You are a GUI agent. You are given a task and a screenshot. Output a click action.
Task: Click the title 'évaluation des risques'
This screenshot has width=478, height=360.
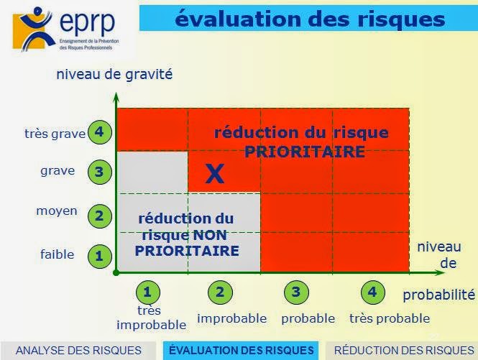(x=310, y=18)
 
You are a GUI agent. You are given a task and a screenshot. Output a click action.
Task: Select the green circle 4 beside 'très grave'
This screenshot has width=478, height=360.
(x=99, y=133)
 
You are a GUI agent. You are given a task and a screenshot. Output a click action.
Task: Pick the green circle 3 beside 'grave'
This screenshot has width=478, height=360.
(x=99, y=172)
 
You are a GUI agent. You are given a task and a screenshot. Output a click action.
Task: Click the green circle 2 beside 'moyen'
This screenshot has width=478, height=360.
(x=99, y=215)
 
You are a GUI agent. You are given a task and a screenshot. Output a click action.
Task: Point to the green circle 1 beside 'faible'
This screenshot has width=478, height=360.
(x=99, y=254)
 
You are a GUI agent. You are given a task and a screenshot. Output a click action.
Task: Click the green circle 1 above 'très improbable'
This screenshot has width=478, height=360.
(x=147, y=292)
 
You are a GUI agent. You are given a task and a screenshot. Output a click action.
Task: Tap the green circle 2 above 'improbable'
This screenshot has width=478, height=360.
(x=220, y=292)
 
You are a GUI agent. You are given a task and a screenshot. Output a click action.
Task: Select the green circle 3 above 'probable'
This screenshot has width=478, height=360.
(x=295, y=292)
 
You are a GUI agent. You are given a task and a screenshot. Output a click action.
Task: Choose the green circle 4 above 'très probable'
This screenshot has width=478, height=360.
(x=371, y=292)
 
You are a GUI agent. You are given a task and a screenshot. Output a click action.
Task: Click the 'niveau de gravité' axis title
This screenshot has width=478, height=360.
(x=115, y=74)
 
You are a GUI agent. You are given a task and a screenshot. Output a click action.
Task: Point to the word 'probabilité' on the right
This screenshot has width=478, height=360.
(x=438, y=295)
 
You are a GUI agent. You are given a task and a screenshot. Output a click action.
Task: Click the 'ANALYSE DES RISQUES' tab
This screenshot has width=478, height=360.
(x=78, y=351)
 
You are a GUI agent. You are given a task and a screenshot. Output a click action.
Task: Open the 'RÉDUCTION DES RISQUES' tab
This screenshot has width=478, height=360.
(x=404, y=351)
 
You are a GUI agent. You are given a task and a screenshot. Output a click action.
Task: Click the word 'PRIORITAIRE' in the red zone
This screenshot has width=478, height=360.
(x=304, y=152)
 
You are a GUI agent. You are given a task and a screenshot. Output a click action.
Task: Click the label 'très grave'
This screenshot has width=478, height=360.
(x=55, y=134)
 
